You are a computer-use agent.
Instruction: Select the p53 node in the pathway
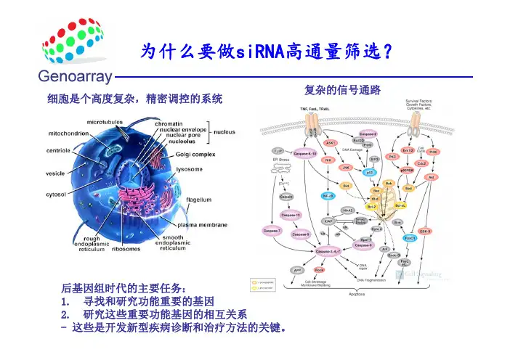point(370,173)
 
